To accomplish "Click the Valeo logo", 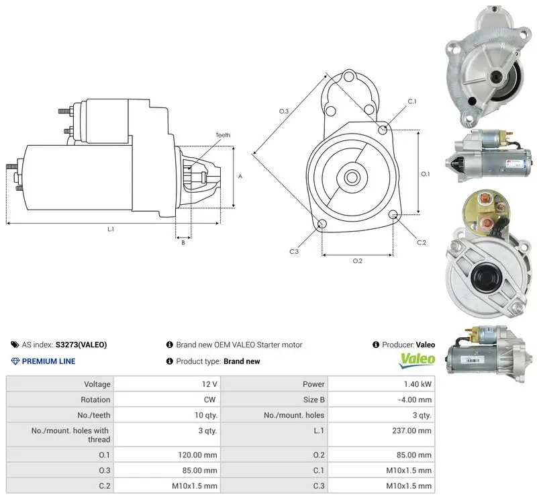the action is pos(418,361).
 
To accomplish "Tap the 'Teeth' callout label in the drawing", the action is pos(223,135).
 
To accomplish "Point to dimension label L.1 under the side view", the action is pos(111,229).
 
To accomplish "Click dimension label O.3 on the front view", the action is pos(284,111).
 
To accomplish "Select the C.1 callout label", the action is pos(412,101).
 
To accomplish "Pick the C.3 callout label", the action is pos(294,252).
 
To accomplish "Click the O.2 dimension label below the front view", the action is pos(358,261).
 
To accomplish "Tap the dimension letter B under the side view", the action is pos(183,242).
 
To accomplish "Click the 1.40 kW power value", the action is pos(418,384).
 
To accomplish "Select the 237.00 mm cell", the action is pos(411,430).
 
